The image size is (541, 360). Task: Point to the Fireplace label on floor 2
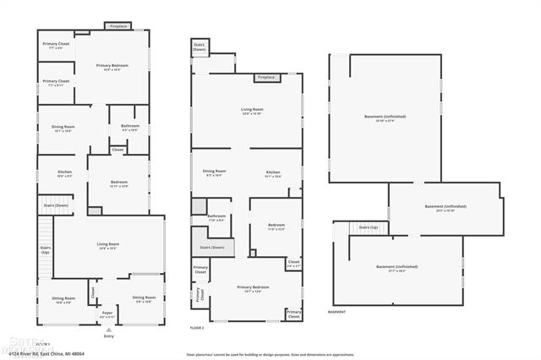point(266,77)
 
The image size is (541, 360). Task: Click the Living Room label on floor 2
point(253,111)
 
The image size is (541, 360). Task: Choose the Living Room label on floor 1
point(108,246)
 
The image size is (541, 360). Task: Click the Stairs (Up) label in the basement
point(369,227)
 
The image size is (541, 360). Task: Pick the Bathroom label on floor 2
point(216,218)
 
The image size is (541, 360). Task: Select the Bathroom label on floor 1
point(130,128)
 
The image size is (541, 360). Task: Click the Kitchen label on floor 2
point(273,173)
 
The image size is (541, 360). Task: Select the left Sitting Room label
point(64,299)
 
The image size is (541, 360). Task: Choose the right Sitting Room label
point(144,299)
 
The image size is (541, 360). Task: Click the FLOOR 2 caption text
point(197,327)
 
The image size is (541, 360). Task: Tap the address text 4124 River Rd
point(58,352)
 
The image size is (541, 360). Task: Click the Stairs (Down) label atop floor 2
point(200,46)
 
